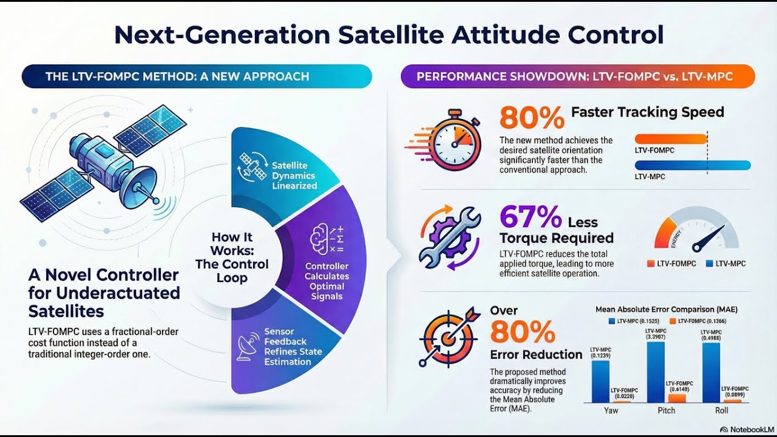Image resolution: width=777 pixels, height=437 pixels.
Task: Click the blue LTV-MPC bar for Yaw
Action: point(600,382)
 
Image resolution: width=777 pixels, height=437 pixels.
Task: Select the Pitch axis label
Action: point(667,410)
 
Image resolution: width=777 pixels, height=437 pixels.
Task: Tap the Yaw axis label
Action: point(611,410)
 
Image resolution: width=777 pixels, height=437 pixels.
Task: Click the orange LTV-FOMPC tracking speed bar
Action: point(671,139)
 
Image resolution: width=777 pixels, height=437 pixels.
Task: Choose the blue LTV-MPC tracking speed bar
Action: point(692,165)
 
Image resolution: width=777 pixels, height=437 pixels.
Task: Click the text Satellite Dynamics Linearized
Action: point(294,175)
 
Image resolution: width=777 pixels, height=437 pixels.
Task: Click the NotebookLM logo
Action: point(746,429)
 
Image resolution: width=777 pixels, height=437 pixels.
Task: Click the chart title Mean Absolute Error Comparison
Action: point(667,310)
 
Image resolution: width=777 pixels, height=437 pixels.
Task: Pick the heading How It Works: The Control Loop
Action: point(231,257)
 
